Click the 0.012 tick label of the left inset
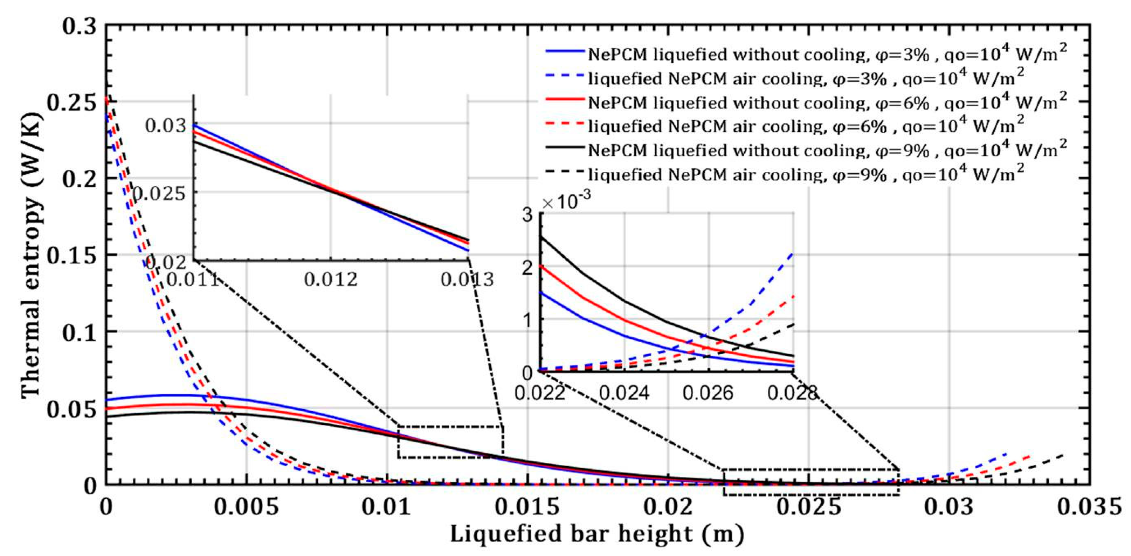tap(331, 279)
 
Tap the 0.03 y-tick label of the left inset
tap(166, 126)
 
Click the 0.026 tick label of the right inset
tap(708, 392)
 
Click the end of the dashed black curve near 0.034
tap(1063, 455)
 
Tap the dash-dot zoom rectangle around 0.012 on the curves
tap(450, 426)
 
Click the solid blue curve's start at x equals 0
tap(107, 400)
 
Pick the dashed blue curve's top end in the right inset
tap(793, 253)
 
